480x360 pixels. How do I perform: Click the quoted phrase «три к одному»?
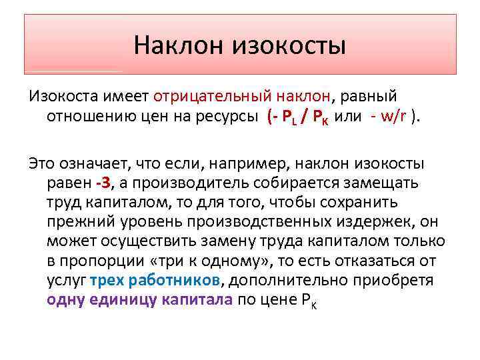click(x=223, y=260)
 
